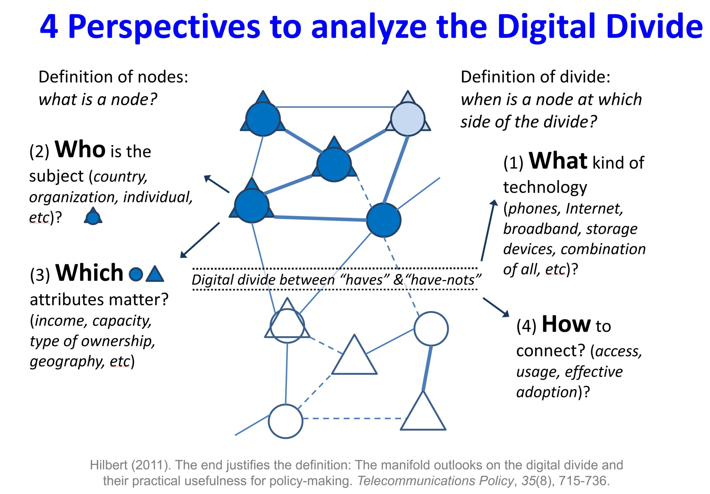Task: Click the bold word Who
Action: (x=80, y=149)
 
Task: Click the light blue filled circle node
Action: (x=408, y=118)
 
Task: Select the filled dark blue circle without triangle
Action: (x=383, y=220)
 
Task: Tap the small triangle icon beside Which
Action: (x=155, y=274)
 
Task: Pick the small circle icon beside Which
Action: (x=136, y=274)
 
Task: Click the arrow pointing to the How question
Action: (x=496, y=307)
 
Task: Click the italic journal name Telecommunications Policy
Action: (x=435, y=481)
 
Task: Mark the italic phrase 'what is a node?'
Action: (x=98, y=99)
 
